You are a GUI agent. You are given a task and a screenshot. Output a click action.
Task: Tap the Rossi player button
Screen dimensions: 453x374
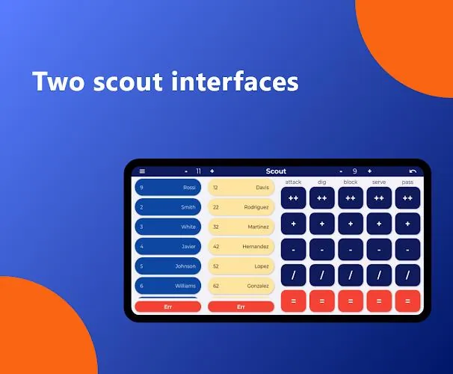(168, 187)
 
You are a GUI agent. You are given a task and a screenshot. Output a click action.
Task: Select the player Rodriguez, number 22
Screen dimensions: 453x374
(241, 207)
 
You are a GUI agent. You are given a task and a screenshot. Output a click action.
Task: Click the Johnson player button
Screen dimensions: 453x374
(168, 266)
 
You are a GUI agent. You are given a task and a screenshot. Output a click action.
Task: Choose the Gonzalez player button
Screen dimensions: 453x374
(241, 286)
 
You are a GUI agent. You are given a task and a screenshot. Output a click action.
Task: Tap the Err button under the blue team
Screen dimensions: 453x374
(168, 307)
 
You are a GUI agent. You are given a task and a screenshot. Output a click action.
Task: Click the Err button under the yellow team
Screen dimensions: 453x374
(241, 307)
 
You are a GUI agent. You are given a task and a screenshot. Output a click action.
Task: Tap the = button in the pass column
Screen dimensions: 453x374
(407, 301)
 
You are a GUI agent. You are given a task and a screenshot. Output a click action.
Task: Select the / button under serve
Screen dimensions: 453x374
(379, 275)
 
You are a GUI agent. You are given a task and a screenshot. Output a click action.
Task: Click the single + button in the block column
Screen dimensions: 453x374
(351, 224)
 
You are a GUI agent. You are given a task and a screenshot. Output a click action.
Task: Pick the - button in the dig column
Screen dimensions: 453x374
(322, 249)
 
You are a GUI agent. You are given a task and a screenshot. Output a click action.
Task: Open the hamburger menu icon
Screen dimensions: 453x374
(142, 171)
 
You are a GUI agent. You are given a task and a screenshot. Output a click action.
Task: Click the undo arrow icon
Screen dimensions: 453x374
(413, 171)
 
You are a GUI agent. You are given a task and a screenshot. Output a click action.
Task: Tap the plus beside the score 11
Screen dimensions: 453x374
(212, 171)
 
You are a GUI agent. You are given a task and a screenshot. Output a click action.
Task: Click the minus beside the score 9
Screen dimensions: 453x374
(341, 171)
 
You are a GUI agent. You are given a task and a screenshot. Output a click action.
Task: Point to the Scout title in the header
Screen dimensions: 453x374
(276, 171)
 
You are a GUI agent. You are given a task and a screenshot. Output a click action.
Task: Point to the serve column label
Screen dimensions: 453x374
(379, 182)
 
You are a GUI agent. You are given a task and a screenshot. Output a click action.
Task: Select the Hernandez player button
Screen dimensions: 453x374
(241, 246)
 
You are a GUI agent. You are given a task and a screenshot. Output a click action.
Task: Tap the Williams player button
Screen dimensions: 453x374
(168, 286)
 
